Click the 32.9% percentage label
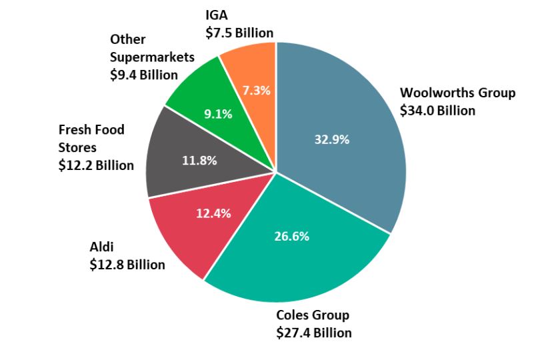(x=331, y=139)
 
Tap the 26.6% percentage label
(x=291, y=236)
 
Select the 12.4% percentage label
(x=213, y=213)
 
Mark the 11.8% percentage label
(x=199, y=160)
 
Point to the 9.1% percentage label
(x=218, y=114)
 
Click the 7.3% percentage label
(x=256, y=90)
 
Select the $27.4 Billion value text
(x=314, y=333)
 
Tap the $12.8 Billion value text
(x=127, y=265)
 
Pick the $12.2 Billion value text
(x=96, y=165)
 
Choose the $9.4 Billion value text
(x=144, y=75)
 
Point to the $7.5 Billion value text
(x=239, y=33)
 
